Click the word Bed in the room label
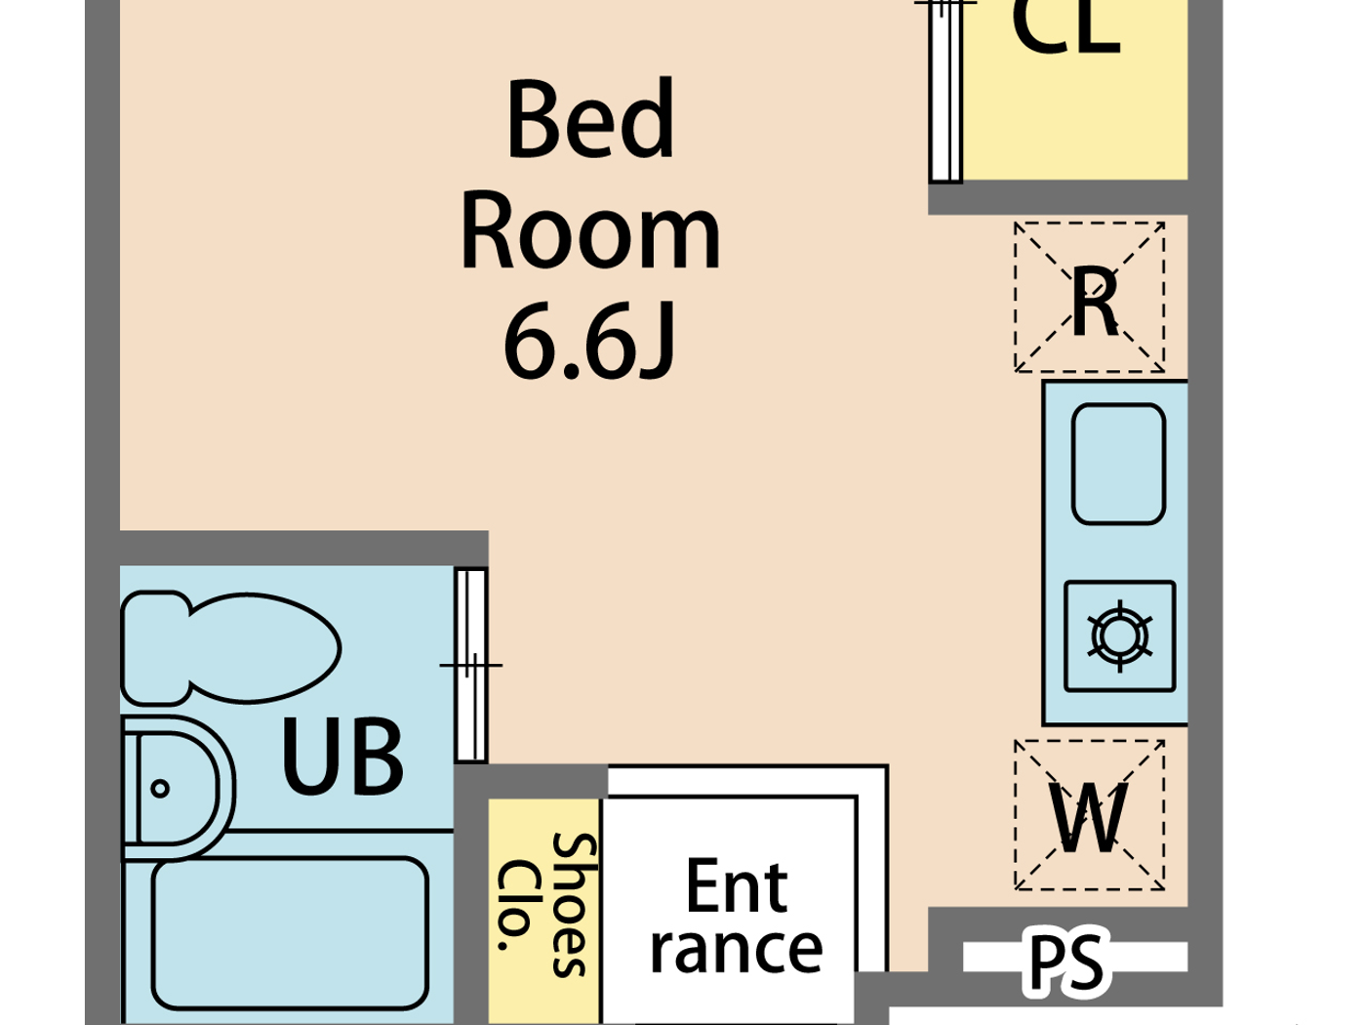coord(590,121)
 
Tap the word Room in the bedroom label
coord(590,234)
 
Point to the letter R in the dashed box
coord(1093,303)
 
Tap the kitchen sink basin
coord(1118,465)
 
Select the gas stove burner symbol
coord(1120,636)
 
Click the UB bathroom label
coord(341,758)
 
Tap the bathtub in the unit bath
coord(290,933)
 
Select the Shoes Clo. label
coord(544,904)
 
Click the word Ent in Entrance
coord(736,886)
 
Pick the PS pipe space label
coord(1066,962)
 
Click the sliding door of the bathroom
coord(471,664)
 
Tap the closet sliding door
coord(945,93)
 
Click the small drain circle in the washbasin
coord(160,788)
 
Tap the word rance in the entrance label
coord(736,949)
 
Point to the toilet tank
coord(154,647)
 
